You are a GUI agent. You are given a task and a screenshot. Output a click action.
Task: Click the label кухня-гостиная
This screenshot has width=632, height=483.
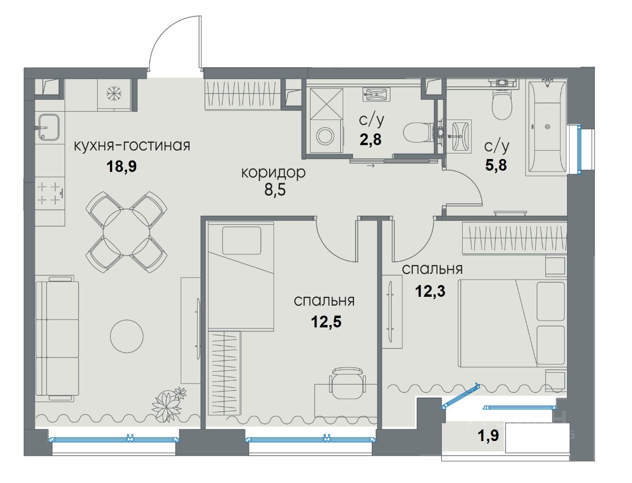point(132,146)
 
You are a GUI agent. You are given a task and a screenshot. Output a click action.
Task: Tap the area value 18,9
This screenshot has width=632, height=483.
point(121,166)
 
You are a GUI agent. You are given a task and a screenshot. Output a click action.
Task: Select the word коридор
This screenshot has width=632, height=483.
point(273,173)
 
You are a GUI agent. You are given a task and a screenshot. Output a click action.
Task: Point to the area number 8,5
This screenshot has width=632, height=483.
point(275,190)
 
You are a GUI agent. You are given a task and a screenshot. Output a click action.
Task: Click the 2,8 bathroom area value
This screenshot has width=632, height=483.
point(371,139)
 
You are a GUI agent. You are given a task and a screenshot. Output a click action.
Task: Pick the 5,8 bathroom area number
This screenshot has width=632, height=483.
point(496,165)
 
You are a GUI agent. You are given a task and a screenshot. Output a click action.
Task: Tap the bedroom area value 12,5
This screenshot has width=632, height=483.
point(326,322)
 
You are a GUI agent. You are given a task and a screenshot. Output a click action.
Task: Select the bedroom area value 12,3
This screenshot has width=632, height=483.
point(430,291)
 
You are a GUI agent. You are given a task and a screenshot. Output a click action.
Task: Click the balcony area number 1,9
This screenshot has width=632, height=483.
point(488,436)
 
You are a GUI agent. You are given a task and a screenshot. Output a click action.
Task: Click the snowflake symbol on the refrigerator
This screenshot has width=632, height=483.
point(114,94)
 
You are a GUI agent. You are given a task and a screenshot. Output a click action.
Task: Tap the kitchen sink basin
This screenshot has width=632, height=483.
point(49,127)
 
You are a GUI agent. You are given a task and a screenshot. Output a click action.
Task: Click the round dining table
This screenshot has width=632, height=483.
point(127,232)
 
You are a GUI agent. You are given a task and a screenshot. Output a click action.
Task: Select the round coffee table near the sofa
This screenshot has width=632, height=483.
point(127,336)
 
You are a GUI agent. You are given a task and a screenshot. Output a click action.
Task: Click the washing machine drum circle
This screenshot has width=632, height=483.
point(326,135)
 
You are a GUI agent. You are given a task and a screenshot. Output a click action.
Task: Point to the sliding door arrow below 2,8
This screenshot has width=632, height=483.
point(371,165)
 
